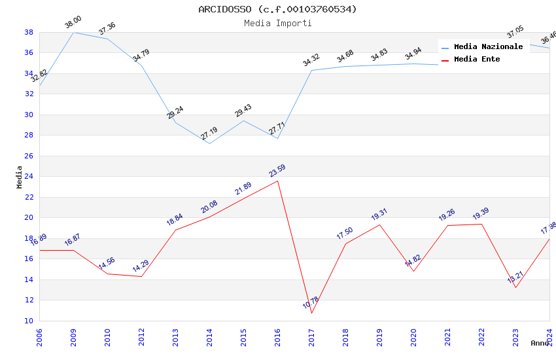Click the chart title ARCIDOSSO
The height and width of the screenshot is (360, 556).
pos(277,9)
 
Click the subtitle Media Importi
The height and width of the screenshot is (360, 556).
pos(277,23)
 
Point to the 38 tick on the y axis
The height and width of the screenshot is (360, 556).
pos(29,32)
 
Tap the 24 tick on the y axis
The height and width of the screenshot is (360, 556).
pos(29,177)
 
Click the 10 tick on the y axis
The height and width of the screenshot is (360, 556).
pos(29,321)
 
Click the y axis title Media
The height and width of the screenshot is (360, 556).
pos(20,177)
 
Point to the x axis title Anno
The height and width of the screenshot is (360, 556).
pos(540,343)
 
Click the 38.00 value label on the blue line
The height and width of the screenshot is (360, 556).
pos(73,24)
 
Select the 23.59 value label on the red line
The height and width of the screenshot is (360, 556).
pos(277,171)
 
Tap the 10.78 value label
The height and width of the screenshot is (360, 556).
pos(311,303)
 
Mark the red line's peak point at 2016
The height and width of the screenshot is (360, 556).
pos(277,181)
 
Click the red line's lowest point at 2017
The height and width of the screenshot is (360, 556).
pos(311,313)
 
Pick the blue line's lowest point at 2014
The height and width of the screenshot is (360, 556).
pos(209,143)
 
